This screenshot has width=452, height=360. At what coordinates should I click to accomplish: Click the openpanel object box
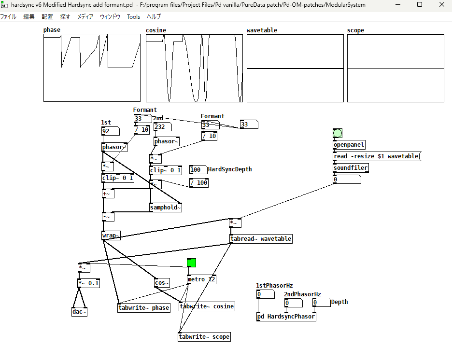[349, 145]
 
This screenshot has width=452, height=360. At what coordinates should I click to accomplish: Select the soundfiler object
[351, 168]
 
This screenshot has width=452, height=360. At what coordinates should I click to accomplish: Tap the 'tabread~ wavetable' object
[261, 239]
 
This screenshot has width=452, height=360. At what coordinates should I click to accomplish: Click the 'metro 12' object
[202, 279]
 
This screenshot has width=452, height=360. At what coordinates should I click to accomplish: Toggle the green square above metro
[192, 263]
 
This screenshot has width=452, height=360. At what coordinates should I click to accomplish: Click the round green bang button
[338, 133]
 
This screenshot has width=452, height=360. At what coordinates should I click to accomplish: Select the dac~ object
[80, 312]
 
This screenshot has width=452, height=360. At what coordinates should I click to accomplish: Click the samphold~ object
[166, 208]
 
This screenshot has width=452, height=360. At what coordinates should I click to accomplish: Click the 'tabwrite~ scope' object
[204, 337]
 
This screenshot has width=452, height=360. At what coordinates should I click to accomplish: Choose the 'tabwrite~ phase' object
[144, 308]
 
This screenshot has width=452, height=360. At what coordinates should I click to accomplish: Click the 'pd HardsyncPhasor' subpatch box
[286, 317]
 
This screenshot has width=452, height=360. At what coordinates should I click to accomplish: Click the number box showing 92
[110, 131]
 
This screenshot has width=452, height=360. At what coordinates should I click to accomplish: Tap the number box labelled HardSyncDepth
[198, 170]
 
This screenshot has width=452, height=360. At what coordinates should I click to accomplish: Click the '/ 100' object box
[199, 183]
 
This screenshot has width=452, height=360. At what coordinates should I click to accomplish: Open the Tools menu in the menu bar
[133, 16]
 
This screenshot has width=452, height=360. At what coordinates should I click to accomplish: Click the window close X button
[441, 5]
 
